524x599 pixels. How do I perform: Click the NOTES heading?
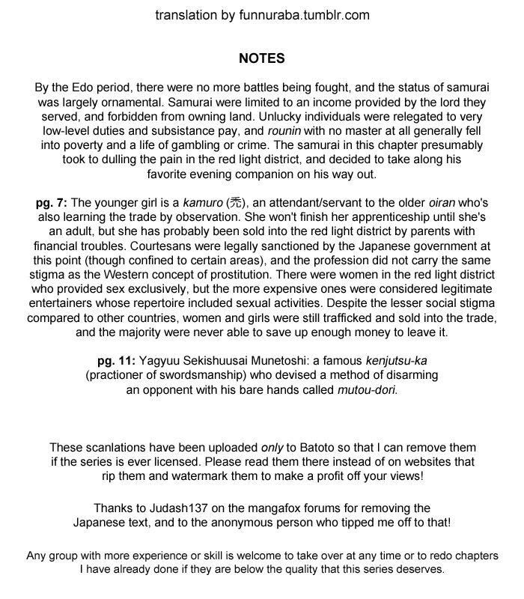coord(262,58)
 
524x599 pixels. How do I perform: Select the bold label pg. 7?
coord(52,203)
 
